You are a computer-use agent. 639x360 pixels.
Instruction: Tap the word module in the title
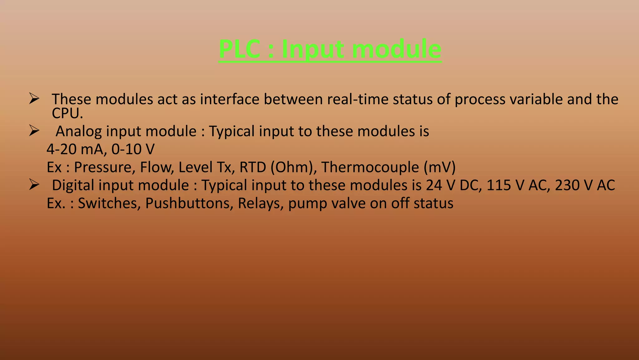[397, 49]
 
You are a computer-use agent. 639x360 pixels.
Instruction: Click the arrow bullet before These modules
[34, 99]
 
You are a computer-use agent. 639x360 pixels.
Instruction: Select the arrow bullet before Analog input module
[34, 131]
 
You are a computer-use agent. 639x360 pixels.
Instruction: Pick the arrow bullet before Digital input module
[34, 185]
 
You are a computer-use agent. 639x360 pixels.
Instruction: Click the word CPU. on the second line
[67, 113]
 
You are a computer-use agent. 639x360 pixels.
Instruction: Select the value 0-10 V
[133, 149]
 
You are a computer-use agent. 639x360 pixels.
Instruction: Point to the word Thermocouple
[370, 167]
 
